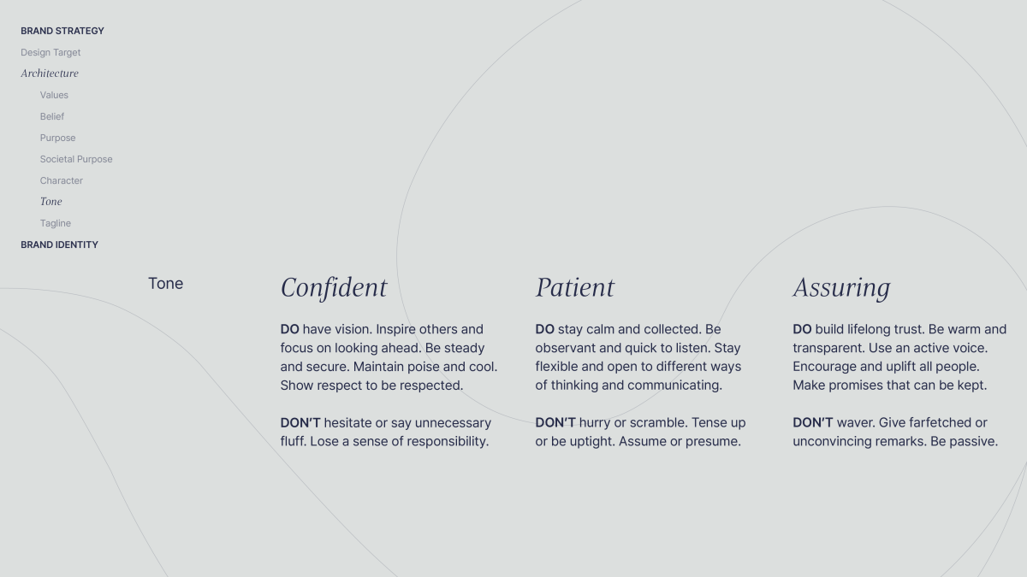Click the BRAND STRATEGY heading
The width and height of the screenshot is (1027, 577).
coord(62,31)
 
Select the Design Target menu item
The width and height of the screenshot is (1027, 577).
coord(50,53)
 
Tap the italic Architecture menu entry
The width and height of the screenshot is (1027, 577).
coord(50,74)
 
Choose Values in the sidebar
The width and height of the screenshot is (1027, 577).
coord(54,95)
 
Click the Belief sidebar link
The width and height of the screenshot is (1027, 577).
coord(52,116)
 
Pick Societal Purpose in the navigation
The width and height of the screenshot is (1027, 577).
coord(76,159)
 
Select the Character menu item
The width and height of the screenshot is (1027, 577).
coord(62,180)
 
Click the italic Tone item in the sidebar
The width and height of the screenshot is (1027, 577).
coord(50,202)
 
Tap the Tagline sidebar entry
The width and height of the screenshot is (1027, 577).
coord(56,223)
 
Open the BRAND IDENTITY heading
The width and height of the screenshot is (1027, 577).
coord(60,244)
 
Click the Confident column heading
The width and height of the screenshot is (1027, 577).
coord(334,287)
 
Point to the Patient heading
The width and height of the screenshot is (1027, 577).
coord(575,287)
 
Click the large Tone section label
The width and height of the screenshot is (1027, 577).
coord(165,284)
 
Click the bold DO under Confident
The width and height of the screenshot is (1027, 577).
coord(290,329)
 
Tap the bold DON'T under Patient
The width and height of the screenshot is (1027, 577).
coord(555,422)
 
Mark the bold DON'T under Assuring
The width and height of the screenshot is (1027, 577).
coord(813,422)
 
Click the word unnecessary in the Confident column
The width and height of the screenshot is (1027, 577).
coord(453,423)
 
